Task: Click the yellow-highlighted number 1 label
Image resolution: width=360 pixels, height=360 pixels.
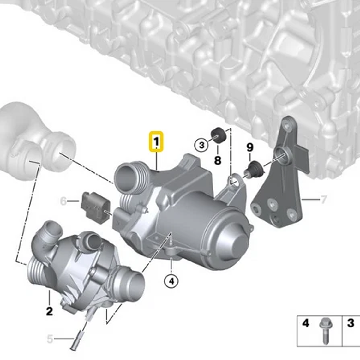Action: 156,142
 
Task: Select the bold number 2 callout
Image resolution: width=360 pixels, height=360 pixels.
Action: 49,311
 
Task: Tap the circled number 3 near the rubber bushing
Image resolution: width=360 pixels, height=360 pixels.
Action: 201,145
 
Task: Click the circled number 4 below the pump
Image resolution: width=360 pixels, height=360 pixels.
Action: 171,281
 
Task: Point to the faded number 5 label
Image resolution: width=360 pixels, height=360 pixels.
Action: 50,339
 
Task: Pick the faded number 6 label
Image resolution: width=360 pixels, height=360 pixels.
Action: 63,201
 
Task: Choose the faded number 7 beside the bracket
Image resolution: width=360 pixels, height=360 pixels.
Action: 323,199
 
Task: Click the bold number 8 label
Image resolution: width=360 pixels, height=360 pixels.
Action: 218,160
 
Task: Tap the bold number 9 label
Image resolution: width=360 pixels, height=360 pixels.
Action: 250,147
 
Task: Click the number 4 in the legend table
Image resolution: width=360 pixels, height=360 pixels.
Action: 305,323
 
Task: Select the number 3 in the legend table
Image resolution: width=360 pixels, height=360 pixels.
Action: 351,323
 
